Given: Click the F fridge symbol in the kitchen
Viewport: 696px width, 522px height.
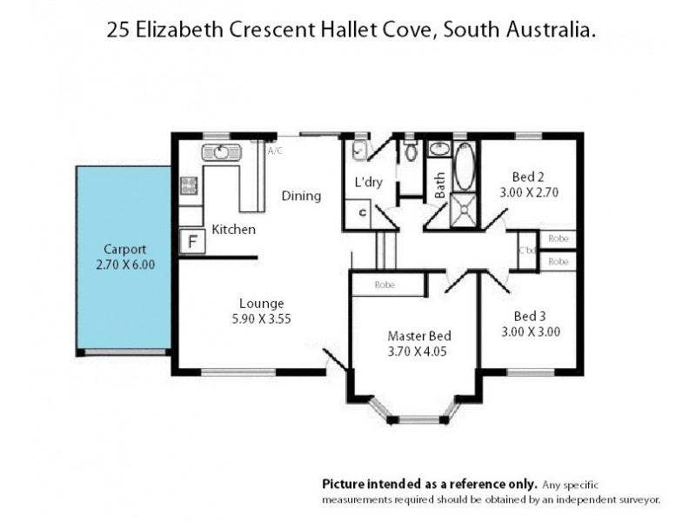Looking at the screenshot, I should coord(190,241).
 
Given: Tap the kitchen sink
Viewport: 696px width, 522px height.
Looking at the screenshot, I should coord(221,153).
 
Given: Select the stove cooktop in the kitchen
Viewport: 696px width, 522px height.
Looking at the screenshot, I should coord(189,184).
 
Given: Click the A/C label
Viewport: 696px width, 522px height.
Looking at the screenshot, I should coord(275,151).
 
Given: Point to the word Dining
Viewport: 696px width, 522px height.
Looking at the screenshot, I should coord(301,196).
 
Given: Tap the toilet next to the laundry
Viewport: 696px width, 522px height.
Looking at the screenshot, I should coord(411,151).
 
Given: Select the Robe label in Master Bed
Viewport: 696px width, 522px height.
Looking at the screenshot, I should coord(385,284).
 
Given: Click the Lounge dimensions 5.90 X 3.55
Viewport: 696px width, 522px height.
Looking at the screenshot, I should coord(262,318).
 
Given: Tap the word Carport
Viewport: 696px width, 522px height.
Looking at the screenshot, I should coord(123,247).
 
